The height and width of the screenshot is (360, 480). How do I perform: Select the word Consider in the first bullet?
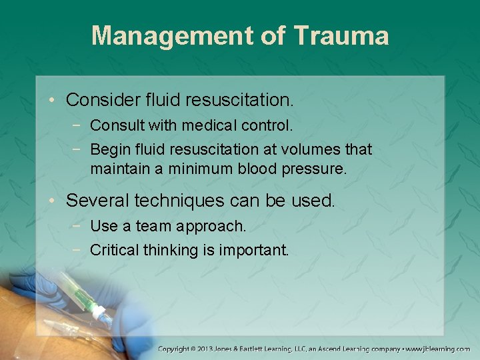(x=103, y=100)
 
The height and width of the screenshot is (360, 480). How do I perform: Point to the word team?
(x=153, y=226)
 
